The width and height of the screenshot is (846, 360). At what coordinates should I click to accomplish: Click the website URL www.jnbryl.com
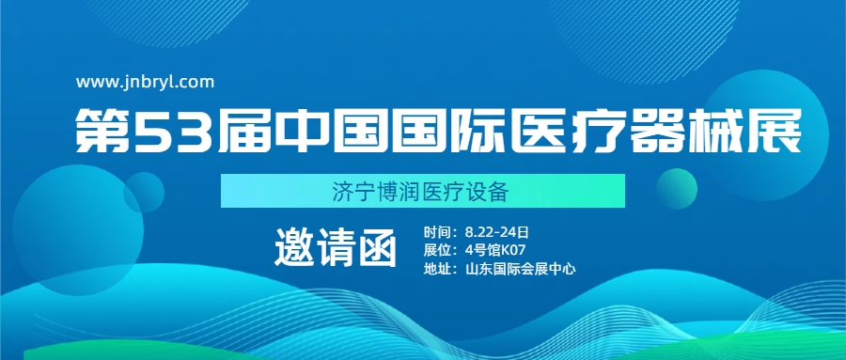pos(146,82)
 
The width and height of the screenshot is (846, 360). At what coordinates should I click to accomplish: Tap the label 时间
pos(437,230)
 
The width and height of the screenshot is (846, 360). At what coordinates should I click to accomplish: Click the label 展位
pos(437,249)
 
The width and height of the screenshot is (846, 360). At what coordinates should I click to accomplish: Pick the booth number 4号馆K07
pos(495,249)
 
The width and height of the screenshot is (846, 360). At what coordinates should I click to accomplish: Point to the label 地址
pos(437,268)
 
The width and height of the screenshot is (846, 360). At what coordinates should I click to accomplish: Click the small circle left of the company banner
pos(144,192)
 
